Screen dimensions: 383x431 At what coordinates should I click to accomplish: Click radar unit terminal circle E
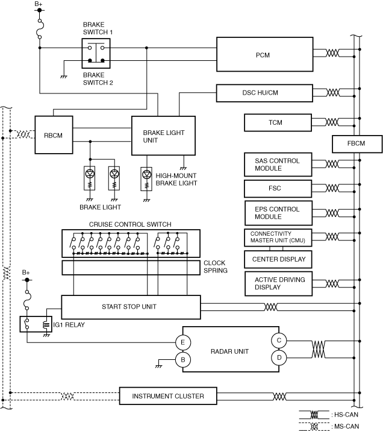[183, 342]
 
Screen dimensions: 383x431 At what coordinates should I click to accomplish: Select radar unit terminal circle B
[183, 359]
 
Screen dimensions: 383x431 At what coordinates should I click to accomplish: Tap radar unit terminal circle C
[279, 341]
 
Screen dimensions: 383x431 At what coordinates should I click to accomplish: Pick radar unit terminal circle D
[279, 357]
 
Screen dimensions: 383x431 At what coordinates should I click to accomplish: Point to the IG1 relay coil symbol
[46, 325]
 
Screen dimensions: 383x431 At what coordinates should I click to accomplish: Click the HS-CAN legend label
[346, 415]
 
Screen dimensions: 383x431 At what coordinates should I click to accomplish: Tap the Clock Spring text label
[216, 266]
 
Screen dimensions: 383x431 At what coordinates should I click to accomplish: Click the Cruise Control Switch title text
[130, 224]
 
